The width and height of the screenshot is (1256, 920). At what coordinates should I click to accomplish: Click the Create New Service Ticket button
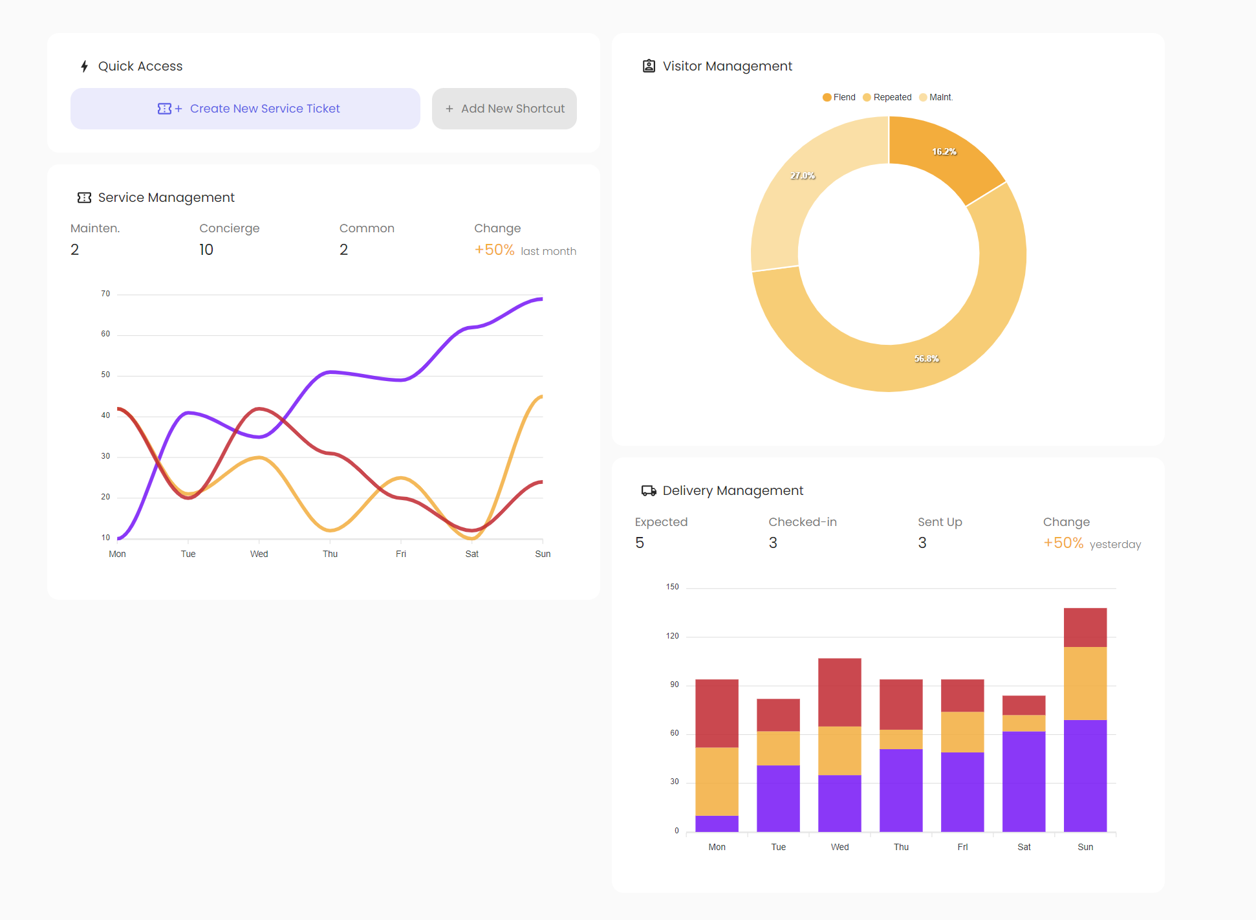245,109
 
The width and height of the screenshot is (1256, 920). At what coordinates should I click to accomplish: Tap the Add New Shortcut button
504,109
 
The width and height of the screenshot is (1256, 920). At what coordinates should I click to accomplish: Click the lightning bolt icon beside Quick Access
84,66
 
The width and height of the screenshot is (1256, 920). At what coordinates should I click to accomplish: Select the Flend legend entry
839,97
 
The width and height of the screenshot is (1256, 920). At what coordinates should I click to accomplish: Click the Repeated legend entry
887,97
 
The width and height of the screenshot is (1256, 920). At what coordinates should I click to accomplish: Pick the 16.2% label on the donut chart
944,151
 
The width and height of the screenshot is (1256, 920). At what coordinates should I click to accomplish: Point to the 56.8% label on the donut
927,358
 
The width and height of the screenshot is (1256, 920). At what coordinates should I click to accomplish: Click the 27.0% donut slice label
803,175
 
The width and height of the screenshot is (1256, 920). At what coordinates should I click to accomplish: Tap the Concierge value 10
206,250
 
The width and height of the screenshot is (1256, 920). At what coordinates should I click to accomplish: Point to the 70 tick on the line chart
105,294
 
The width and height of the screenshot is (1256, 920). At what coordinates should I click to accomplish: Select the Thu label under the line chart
330,554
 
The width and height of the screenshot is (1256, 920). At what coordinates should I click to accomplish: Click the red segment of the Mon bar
717,713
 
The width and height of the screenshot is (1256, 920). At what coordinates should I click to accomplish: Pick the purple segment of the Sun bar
1085,776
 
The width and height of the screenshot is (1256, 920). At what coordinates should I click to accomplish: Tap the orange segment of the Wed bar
839,750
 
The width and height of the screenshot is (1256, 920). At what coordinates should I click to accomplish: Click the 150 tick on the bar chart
673,587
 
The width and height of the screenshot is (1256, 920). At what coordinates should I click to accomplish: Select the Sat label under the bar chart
1024,847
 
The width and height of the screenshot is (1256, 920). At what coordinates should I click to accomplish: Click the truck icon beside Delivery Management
649,490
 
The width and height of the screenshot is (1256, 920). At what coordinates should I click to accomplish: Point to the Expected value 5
640,543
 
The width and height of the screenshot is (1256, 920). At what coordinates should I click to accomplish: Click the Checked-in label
803,522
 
